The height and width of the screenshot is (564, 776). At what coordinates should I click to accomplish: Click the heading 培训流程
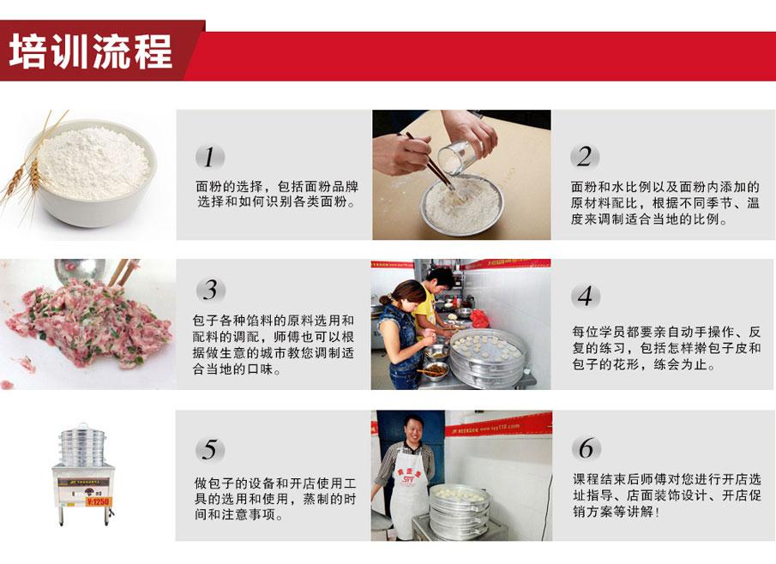pyautogui.click(x=91, y=51)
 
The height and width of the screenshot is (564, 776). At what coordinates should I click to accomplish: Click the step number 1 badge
pyautogui.click(x=210, y=157)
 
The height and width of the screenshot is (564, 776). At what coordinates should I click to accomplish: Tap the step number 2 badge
pyautogui.click(x=585, y=157)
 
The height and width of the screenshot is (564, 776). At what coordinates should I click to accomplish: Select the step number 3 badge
pyautogui.click(x=211, y=290)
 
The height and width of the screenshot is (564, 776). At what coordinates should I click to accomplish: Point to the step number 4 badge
pyautogui.click(x=586, y=296)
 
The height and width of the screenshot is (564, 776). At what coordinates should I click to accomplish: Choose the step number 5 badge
pyautogui.click(x=210, y=450)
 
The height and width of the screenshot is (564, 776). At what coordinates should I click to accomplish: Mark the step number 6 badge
pyautogui.click(x=587, y=448)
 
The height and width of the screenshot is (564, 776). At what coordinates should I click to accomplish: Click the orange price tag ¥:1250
pyautogui.click(x=99, y=501)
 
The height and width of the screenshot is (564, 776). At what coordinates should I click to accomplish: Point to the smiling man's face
pyautogui.click(x=412, y=430)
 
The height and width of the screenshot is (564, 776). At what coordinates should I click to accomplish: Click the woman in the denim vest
pyautogui.click(x=402, y=334)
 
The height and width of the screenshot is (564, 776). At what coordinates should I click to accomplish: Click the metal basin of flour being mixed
pyautogui.click(x=461, y=206)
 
